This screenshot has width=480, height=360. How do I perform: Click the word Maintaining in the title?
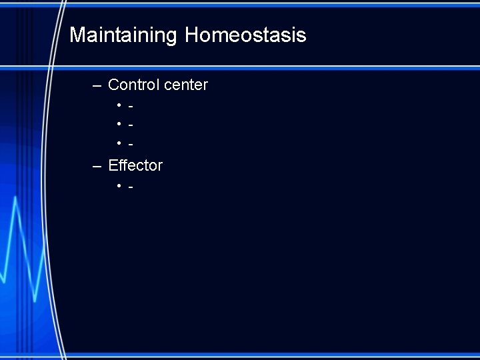click(x=123, y=35)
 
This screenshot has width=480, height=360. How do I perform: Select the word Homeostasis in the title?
click(x=245, y=35)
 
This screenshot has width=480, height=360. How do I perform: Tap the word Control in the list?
click(x=133, y=85)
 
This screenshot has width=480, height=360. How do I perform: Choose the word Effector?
click(x=135, y=165)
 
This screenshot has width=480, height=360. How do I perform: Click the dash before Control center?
click(x=97, y=85)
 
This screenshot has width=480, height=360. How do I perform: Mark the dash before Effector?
click(x=97, y=165)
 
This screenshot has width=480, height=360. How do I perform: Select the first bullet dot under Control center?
click(x=119, y=105)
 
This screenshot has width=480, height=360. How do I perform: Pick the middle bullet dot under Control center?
click(x=119, y=125)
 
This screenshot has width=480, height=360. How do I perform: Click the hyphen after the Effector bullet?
click(x=131, y=187)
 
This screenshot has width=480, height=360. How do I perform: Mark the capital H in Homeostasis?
click(x=192, y=35)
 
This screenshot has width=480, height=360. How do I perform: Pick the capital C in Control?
click(x=114, y=85)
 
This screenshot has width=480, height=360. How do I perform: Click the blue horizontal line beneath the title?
click(x=267, y=67)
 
